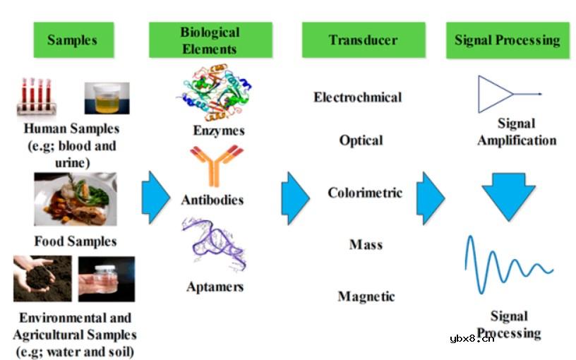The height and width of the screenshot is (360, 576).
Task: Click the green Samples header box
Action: point(73,40)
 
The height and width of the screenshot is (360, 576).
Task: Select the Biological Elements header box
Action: point(210,40)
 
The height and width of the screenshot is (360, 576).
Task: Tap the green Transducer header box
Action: point(364,40)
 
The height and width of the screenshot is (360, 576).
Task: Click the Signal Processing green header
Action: point(508,40)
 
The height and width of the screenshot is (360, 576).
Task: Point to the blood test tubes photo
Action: point(37,96)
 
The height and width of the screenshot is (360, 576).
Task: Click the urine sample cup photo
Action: point(107,98)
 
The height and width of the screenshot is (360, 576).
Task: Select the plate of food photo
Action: point(76,199)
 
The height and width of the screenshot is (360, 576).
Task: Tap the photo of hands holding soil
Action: point(42,279)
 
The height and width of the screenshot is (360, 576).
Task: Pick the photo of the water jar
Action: point(107,279)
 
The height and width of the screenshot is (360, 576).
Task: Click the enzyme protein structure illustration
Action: point(214,92)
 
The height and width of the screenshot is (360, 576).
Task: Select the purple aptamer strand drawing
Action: point(214,244)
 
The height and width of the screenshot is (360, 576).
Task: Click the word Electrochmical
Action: point(357,97)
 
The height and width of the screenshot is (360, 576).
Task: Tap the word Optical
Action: point(361,140)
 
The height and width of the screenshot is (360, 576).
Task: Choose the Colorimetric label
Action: point(365,193)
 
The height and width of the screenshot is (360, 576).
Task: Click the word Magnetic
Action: point(366,296)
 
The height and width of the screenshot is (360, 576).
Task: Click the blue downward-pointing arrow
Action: point(509,196)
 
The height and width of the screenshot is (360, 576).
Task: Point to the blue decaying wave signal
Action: point(509,265)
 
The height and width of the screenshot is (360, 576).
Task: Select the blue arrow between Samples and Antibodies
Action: point(156,198)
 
